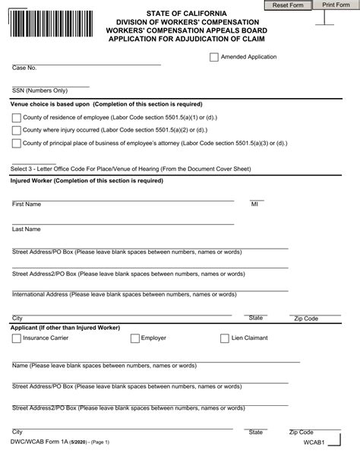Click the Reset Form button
[288, 5]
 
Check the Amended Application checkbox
[212, 57]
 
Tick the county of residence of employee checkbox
[17, 117]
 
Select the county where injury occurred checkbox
[17, 130]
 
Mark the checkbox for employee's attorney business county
[17, 143]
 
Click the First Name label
[27, 204]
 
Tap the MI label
[254, 204]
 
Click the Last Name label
[27, 229]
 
